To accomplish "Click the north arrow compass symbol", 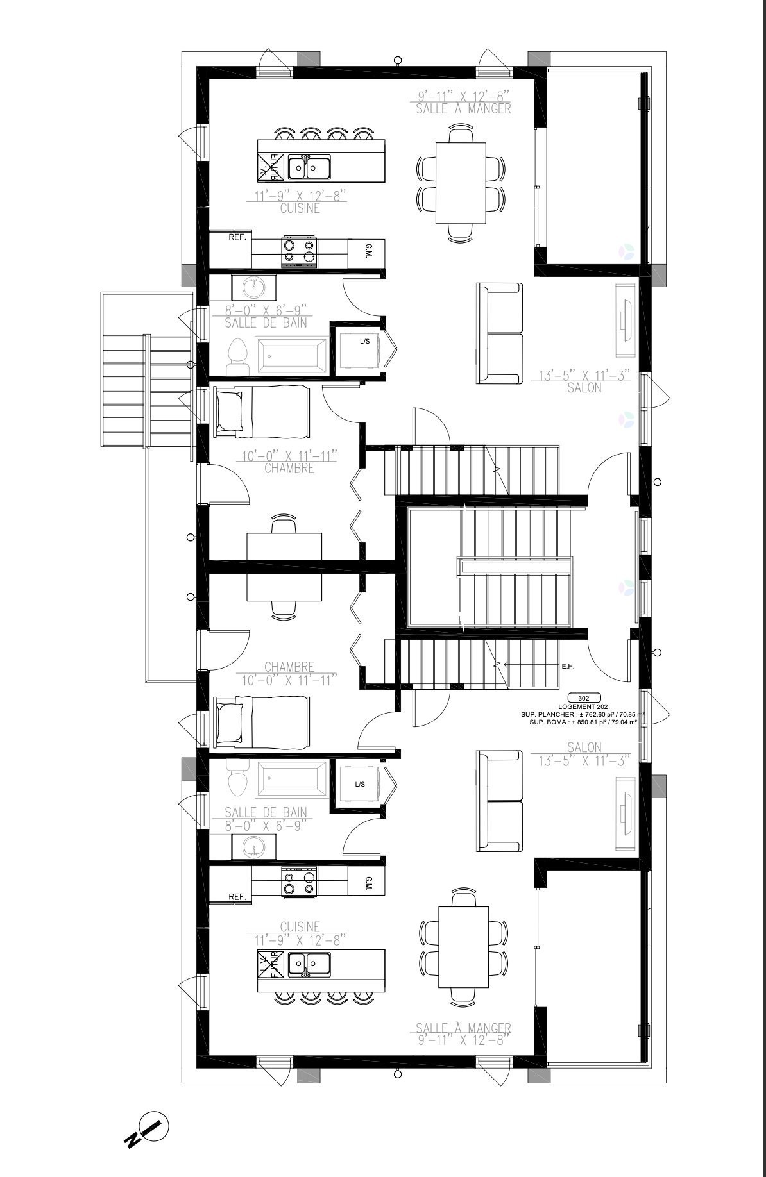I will (149, 1126).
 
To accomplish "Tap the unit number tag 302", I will (584, 698).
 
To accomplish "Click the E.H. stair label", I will (568, 667).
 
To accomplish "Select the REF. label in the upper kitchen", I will (238, 237).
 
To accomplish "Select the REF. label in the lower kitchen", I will (238, 897).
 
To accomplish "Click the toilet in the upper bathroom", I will (238, 356).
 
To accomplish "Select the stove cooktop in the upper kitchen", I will (300, 253).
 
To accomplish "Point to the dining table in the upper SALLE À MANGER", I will (460, 183).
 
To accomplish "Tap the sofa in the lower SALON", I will (499, 800).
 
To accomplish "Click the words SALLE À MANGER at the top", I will (463, 108).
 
